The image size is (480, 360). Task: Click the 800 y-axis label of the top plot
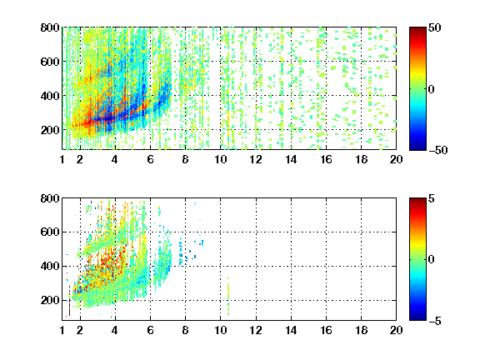(x=50, y=27)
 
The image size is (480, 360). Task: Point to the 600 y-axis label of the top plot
(x=50, y=62)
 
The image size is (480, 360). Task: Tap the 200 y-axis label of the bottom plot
(x=50, y=300)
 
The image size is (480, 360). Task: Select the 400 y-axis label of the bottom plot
(x=50, y=266)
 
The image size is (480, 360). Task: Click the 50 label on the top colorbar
(x=434, y=27)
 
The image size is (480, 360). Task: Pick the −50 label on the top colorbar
(x=438, y=150)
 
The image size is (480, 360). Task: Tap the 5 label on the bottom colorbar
(x=432, y=198)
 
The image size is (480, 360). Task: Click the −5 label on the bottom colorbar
(x=435, y=321)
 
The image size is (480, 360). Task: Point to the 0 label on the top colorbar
(x=432, y=89)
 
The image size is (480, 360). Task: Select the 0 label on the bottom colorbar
(x=432, y=260)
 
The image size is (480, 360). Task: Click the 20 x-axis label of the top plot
(x=396, y=159)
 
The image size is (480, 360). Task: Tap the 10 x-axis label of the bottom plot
(x=220, y=330)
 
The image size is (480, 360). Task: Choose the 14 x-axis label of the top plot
(x=291, y=159)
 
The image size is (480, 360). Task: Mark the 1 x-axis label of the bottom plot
(x=62, y=330)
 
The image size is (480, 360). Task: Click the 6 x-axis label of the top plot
(x=150, y=159)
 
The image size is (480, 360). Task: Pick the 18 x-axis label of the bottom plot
(x=361, y=330)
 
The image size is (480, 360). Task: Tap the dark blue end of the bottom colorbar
(x=417, y=318)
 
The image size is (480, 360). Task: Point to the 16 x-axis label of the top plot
(x=326, y=159)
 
